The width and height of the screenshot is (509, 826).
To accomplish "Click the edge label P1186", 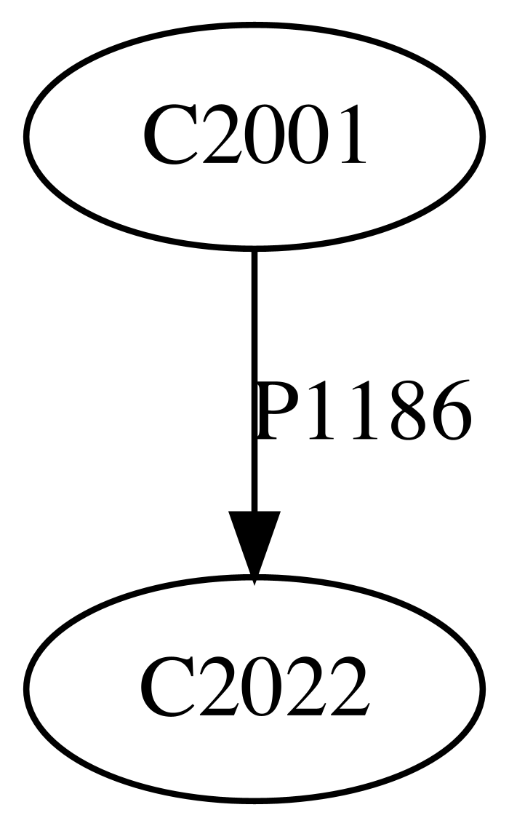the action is [363, 411].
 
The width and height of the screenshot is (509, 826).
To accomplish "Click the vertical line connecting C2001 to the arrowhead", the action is [254, 381].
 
